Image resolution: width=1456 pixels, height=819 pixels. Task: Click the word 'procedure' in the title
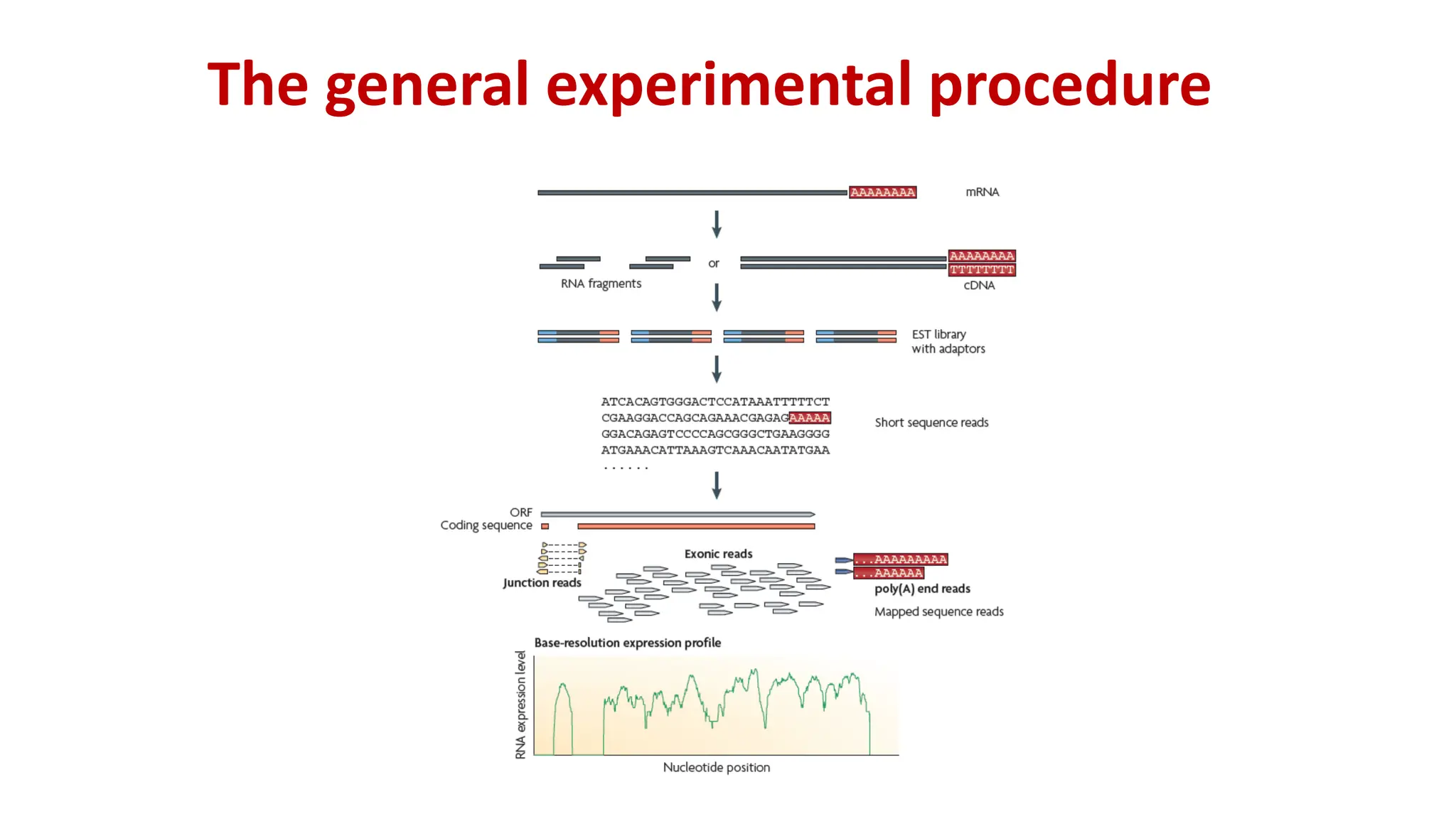coord(1069,85)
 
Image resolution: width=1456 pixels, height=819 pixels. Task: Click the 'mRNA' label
coord(982,192)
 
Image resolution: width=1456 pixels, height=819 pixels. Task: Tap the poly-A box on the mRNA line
coord(882,192)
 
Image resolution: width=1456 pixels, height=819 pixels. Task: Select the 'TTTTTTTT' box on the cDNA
coord(982,270)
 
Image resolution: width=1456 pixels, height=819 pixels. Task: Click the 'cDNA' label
coord(979,285)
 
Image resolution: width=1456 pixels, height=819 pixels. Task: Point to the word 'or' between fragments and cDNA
coord(713,263)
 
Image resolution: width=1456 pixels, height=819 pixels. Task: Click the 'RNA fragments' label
coord(601,284)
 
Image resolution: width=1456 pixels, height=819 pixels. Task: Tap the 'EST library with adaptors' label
coord(948,341)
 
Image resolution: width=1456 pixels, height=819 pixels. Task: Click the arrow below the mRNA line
coord(717,224)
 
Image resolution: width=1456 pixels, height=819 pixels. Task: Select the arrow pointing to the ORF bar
coord(717,486)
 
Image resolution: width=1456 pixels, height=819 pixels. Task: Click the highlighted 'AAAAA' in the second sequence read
coord(809,418)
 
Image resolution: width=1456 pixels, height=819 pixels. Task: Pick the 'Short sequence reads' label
coord(931,422)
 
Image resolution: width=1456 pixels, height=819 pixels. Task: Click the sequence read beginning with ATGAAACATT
coord(715,450)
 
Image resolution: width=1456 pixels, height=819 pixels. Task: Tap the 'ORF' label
coord(520,513)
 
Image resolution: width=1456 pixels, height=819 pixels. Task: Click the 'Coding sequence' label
coord(486,525)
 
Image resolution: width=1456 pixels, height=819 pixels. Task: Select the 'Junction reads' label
coord(542,583)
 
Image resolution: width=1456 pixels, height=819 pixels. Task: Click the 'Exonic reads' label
coord(718,554)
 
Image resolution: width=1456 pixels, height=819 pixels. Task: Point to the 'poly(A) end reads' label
coord(922,589)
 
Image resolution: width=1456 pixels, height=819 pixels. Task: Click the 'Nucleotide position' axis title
coord(716,767)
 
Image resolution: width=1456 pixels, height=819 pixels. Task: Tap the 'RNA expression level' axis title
coord(521,705)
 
